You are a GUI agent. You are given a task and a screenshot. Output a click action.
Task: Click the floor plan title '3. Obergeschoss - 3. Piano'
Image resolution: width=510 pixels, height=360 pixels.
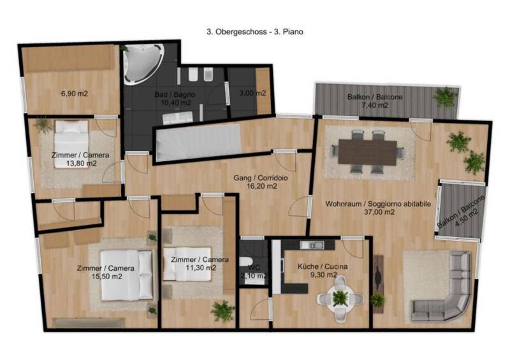[255, 32]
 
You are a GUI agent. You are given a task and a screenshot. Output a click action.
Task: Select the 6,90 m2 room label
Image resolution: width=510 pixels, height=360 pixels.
[75, 94]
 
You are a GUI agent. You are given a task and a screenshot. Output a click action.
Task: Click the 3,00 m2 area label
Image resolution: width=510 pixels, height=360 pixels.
[252, 93]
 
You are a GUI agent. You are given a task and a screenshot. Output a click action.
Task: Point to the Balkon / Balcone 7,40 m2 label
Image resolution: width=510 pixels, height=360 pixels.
[375, 101]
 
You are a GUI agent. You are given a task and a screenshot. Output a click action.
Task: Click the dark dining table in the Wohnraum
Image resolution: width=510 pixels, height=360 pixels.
[368, 152]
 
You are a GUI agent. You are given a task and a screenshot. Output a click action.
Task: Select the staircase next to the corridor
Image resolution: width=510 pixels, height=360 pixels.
[198, 143]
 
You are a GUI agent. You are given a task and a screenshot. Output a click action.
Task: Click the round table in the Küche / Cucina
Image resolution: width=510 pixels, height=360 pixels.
[340, 298]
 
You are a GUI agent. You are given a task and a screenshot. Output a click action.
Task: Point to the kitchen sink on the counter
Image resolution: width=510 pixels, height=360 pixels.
[312, 245]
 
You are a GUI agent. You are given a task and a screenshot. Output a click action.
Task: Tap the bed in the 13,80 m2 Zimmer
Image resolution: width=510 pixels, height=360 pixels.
[71, 144]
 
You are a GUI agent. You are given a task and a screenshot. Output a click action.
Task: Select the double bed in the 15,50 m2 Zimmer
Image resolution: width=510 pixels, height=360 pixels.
[126, 275]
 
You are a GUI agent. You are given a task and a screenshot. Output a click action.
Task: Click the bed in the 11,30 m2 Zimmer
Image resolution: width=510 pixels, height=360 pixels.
[187, 264]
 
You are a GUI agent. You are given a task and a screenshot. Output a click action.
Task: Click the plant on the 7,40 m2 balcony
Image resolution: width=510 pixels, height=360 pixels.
[445, 97]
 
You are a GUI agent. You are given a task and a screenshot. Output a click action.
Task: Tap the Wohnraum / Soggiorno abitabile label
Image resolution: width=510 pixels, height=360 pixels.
[378, 208]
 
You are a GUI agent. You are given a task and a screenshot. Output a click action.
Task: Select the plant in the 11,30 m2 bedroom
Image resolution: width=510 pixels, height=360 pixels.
[222, 310]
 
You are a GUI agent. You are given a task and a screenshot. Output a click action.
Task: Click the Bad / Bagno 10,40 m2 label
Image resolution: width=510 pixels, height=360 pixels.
[175, 99]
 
